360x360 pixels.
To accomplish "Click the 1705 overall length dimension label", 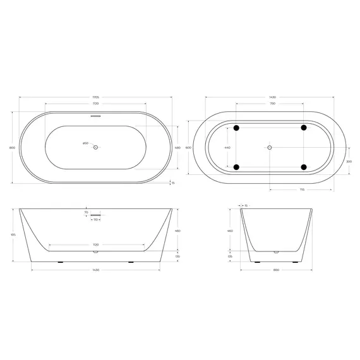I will pos(95,97).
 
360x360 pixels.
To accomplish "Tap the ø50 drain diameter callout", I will pos(85,143).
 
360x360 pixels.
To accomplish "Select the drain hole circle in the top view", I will pos(95,147).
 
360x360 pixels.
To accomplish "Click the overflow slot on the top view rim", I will pos(95,116).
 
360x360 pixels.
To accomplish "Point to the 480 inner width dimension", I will pos(177,147).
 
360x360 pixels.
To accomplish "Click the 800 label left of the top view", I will pos(12,147).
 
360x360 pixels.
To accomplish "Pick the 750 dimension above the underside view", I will pos(272,103).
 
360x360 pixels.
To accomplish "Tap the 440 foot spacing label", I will pos(227,147).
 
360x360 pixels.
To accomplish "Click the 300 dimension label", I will pos(349,162).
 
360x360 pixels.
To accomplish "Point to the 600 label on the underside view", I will pos(188,147).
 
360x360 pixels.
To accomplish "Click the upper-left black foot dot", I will pos(237,128).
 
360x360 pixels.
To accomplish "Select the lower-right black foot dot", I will pos(304,167).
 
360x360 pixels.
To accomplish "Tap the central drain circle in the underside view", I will pos(270,147).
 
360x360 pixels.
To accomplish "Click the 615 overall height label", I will pos(12,234).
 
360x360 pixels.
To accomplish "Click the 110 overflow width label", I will pos(95,220).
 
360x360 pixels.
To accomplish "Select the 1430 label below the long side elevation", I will pos(95,270).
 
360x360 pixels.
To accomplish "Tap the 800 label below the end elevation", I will pos(275,270).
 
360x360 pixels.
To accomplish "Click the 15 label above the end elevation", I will pos(246,205).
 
